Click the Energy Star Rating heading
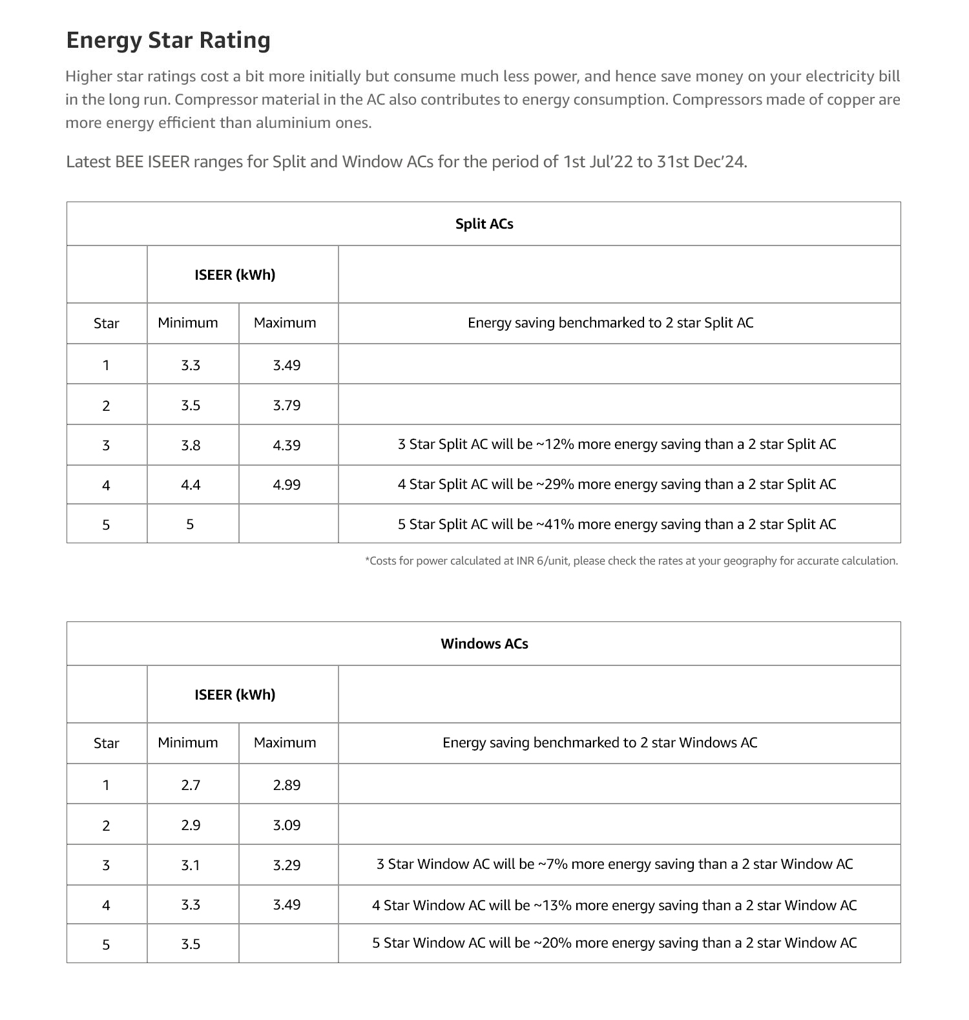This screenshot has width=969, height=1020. [168, 40]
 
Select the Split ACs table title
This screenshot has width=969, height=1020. [484, 224]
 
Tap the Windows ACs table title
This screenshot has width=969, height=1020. [484, 644]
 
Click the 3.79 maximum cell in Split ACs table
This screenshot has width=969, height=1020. [287, 406]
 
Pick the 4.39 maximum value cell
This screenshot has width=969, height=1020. [287, 446]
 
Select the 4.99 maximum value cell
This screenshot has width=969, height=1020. [287, 485]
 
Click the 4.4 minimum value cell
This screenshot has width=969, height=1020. [191, 485]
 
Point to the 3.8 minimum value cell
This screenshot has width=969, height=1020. [191, 446]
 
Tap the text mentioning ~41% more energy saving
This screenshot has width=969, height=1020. [617, 525]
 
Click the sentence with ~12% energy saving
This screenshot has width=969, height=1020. [617, 444]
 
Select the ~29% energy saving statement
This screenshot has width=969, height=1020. [617, 484]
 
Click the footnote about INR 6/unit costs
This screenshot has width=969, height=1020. [631, 561]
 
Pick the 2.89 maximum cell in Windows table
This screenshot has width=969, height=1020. [287, 786]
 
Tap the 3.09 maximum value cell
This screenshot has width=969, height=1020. [287, 826]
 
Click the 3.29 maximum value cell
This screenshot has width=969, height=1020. [287, 866]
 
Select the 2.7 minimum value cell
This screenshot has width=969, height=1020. [191, 786]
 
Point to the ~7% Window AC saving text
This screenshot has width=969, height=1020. [614, 864]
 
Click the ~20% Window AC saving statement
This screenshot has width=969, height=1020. [614, 943]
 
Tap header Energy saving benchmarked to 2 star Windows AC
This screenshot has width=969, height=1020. [599, 743]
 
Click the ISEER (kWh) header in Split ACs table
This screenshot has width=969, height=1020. [235, 275]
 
